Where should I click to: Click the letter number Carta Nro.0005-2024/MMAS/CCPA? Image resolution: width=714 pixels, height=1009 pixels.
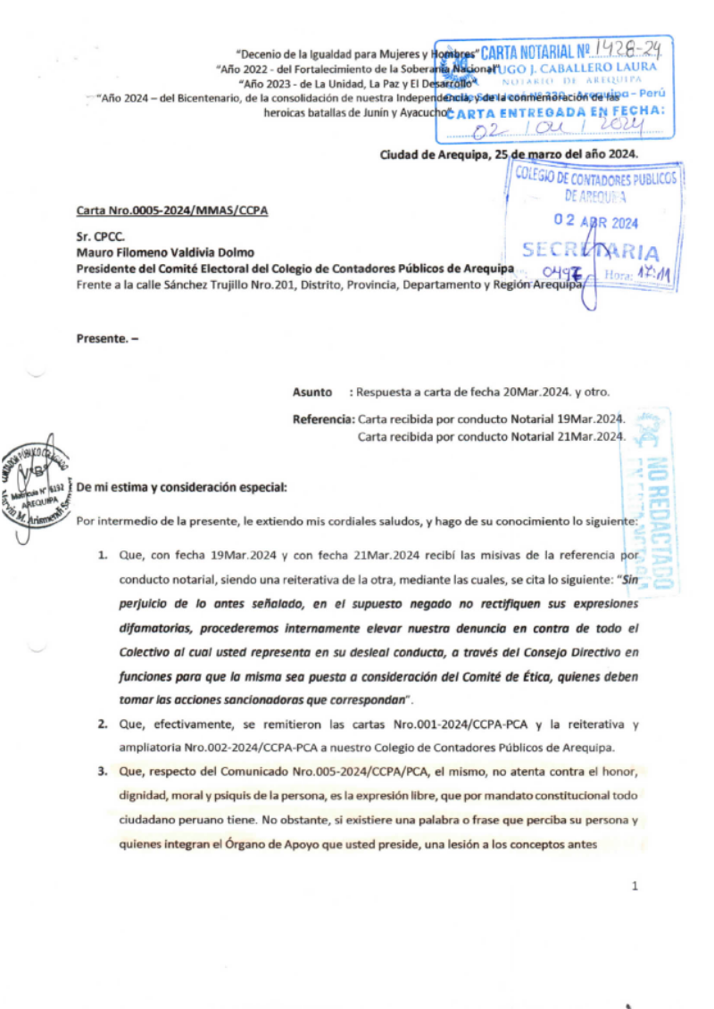pyautogui.click(x=172, y=211)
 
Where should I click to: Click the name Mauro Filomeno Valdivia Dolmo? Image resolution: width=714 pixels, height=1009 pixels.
pyautogui.click(x=165, y=252)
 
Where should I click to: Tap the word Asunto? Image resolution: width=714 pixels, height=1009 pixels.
pyautogui.click(x=311, y=392)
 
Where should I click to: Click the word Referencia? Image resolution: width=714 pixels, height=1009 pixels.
pyautogui.click(x=323, y=418)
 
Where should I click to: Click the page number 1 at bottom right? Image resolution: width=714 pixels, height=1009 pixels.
pyautogui.click(x=634, y=886)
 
